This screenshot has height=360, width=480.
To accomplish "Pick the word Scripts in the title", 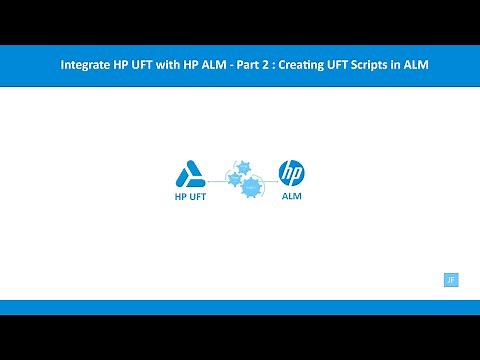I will pos(390,65).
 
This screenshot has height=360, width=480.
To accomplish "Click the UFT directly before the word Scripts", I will pos(360,65).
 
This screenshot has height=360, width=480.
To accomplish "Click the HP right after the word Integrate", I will pos(124,65).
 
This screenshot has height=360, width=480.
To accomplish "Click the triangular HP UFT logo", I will pos(190,175).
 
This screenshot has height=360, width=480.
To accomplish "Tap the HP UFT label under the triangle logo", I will pos(190,197).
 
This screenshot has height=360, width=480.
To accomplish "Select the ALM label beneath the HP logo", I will pos(291,197).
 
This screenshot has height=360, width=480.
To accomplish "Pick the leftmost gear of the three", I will pos(233,180).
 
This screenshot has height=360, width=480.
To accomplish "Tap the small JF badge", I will pos(450,280).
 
